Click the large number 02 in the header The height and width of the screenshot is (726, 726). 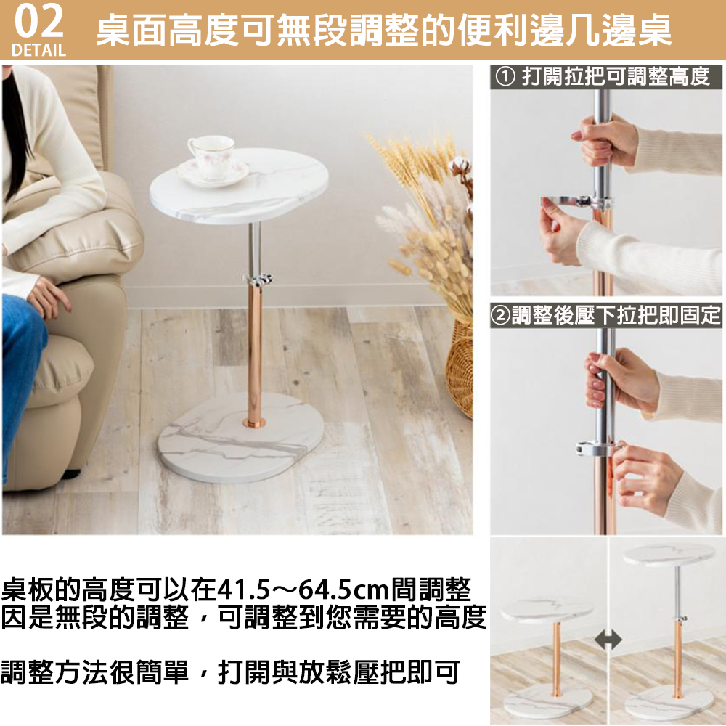39,22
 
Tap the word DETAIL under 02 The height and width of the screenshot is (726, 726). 39,50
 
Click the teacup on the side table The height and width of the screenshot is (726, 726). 211,156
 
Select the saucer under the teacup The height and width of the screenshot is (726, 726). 213,174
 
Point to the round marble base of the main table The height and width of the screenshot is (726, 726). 240,437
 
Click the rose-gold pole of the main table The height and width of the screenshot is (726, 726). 254,353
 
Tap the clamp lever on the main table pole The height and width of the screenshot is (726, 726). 258,280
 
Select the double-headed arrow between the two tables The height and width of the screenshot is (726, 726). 608,641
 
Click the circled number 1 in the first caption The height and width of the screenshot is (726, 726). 505,76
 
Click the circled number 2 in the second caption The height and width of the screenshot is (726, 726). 500,316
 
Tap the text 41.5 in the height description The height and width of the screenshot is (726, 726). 243,590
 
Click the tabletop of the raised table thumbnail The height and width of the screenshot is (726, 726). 669,554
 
